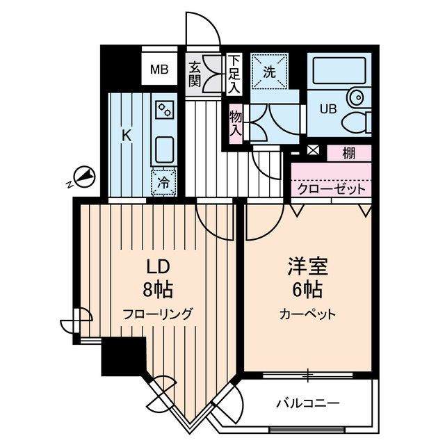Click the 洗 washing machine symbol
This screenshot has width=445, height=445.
(268, 70)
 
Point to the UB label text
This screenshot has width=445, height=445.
(326, 108)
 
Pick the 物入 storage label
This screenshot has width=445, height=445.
(236, 123)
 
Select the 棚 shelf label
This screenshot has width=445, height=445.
(349, 153)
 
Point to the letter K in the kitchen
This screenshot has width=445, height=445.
(127, 136)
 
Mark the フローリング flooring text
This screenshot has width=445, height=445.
(157, 312)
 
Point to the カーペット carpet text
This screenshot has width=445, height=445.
(307, 314)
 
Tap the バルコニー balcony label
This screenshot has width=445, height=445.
(307, 403)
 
